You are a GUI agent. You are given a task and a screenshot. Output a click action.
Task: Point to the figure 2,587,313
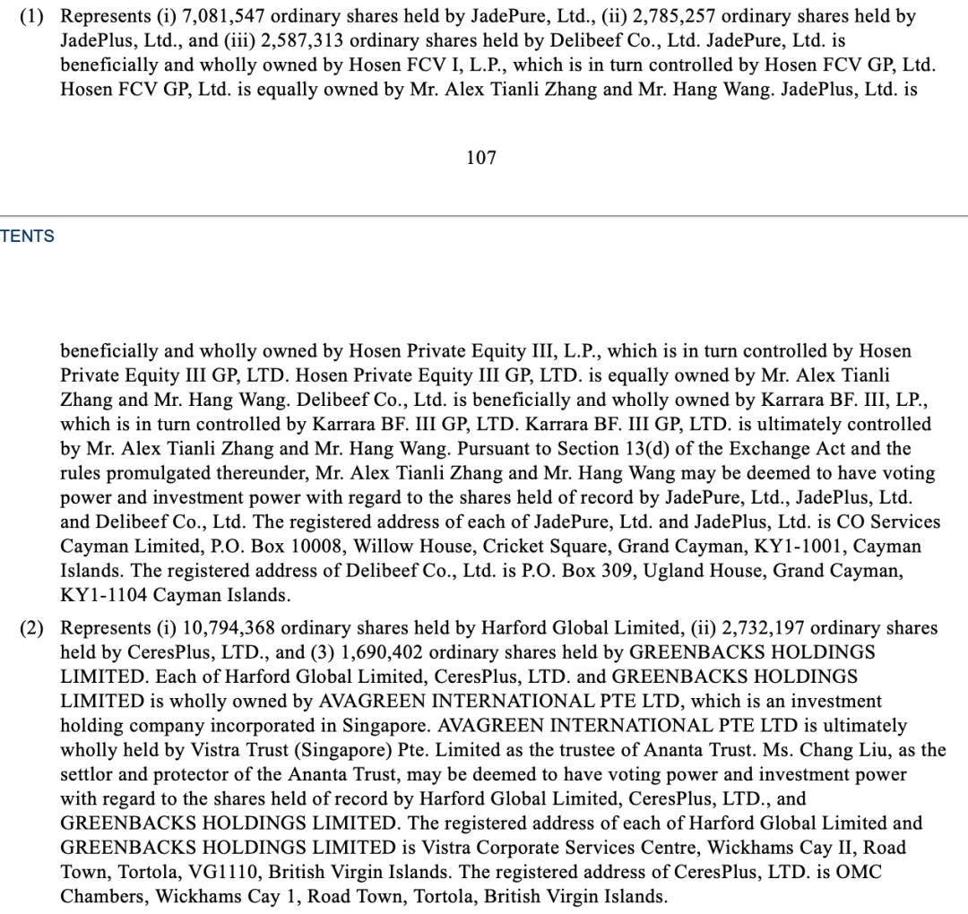coord(304,40)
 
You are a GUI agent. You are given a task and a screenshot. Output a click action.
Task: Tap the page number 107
coord(481,158)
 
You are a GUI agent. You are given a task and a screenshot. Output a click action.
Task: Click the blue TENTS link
coord(27,236)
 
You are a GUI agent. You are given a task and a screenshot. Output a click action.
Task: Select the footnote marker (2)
coord(31,627)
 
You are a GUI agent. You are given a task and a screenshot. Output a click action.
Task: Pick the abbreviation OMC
coord(861,871)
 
